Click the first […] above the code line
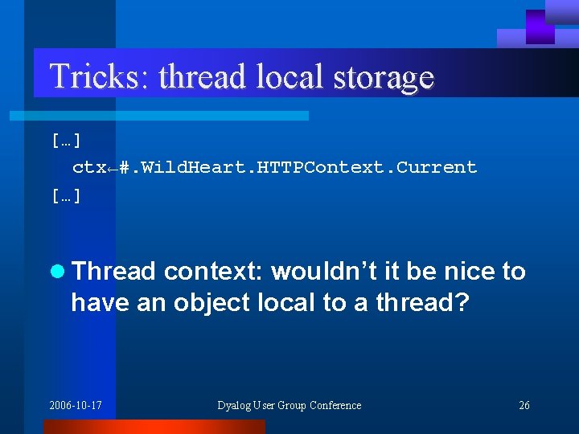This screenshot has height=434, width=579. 65,141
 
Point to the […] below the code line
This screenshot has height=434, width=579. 65,195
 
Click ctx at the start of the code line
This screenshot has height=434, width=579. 88,168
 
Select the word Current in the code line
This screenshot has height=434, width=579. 437,167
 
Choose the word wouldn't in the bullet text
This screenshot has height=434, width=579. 331,272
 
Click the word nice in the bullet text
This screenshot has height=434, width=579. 467,272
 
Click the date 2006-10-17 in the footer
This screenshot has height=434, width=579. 76,405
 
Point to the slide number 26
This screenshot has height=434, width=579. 524,405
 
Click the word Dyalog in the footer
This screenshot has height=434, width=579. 235,405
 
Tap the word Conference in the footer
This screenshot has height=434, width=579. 334,405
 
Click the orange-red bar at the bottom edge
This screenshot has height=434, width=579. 153,427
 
